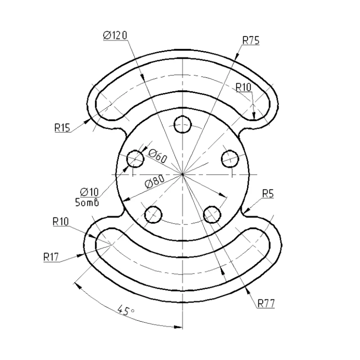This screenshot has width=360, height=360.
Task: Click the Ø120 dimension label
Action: point(115,36)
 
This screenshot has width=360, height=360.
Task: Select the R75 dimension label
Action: point(251,40)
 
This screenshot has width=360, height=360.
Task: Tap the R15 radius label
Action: point(62,128)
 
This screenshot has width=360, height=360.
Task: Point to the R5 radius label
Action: point(268,193)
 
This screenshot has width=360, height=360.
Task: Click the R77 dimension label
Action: point(266,303)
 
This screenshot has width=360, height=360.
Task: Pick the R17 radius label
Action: point(51,257)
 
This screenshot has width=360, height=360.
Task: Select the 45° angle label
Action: point(126,310)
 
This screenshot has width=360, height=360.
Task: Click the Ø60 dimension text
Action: point(157,156)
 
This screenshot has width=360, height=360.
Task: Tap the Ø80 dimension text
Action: point(155,181)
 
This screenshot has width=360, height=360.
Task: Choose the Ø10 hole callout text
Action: point(89,192)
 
